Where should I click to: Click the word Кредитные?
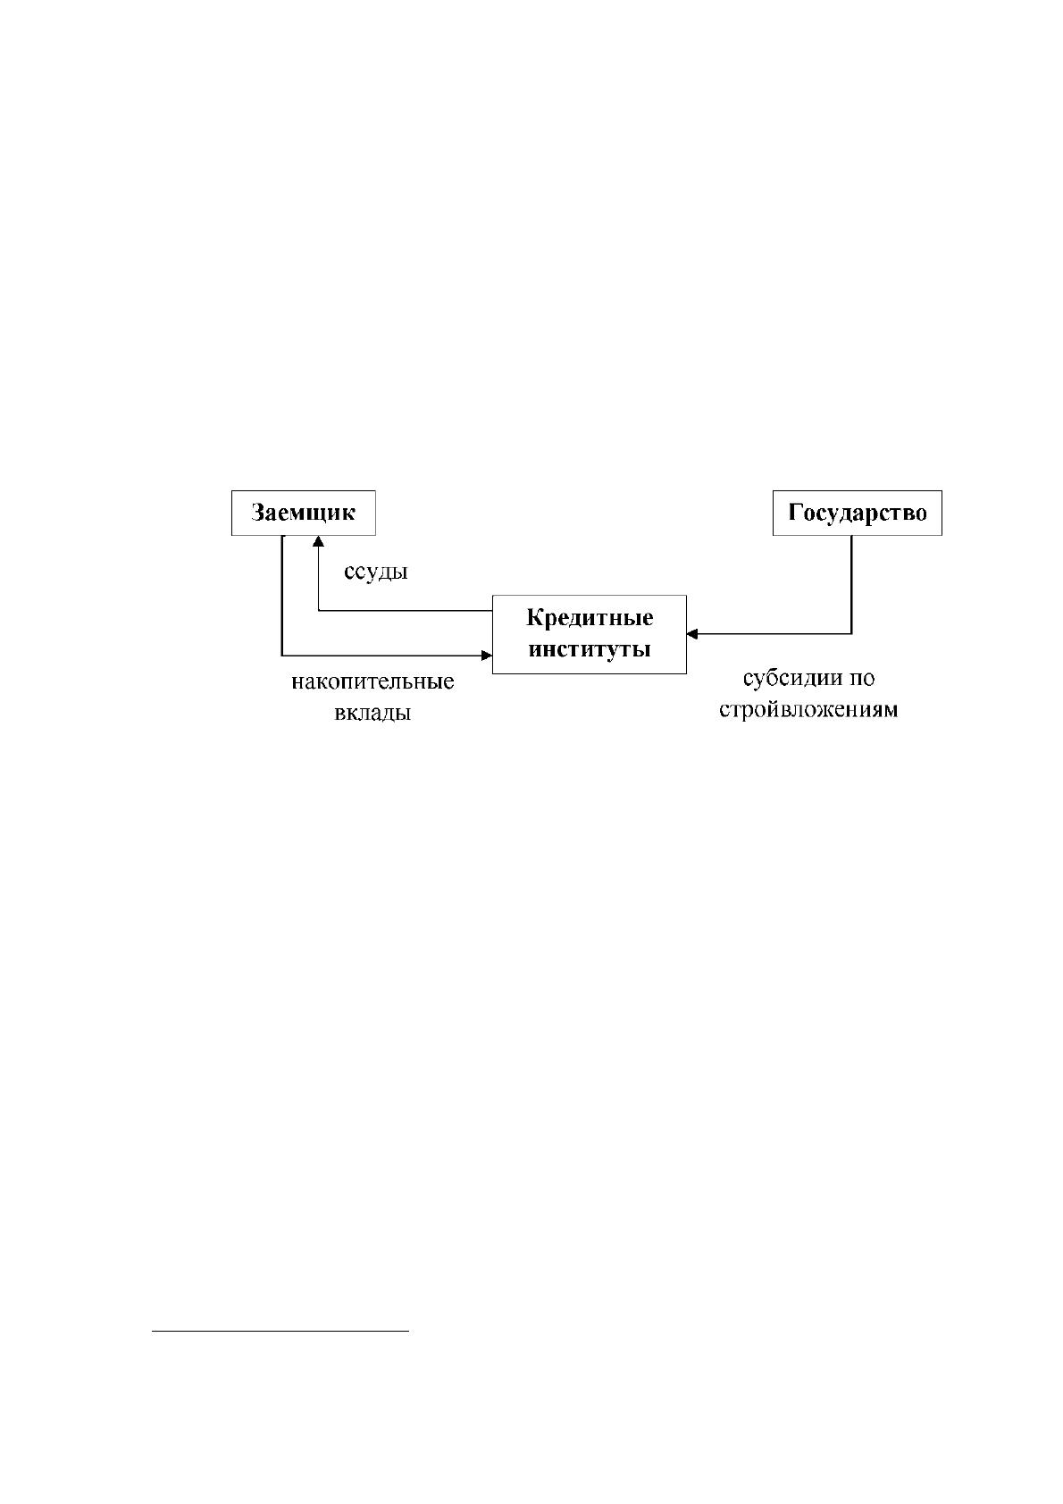[590, 618]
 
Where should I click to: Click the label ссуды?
[376, 572]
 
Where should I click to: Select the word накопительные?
[372, 682]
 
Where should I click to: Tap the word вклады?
[372, 713]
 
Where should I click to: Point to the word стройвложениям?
[808, 710]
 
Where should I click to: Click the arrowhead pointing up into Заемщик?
[318, 541]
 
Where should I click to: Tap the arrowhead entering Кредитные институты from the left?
[487, 656]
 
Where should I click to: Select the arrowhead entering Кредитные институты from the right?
[692, 633]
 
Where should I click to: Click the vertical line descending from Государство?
[851, 584]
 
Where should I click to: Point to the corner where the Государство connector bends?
[851, 633]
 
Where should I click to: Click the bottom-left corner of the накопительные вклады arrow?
[282, 656]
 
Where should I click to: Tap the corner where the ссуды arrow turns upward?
[318, 610]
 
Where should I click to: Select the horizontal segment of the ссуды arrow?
[406, 610]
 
